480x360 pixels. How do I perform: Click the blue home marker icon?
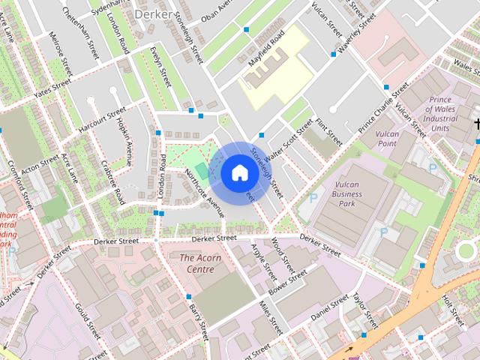[238, 173]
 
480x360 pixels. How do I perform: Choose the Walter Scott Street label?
[283, 139]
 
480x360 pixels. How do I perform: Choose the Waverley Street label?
[355, 34]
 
